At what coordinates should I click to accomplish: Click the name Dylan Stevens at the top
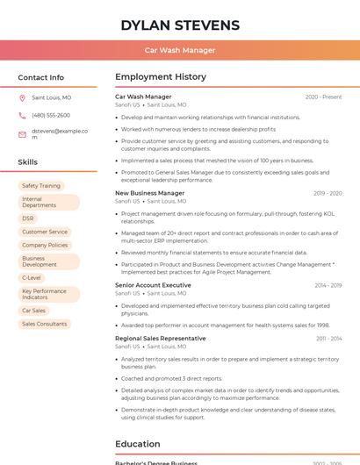coord(180,25)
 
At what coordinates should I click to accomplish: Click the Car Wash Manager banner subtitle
coord(180,50)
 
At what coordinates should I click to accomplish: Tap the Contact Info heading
coord(40,77)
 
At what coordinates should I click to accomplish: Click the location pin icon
coord(22,97)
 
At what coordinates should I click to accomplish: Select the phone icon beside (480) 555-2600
coord(22,115)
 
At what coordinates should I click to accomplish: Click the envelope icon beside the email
coord(22,134)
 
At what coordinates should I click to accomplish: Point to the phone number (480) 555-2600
coord(51,115)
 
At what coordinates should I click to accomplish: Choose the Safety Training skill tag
coord(41,186)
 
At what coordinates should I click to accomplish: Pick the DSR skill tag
coord(28,218)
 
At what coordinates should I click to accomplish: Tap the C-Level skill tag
coord(32,277)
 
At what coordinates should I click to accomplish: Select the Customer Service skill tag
coord(45,232)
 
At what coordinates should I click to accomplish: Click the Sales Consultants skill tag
coord(45,324)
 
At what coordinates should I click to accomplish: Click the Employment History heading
coord(161,77)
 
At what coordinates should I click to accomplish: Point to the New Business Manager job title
coord(149,193)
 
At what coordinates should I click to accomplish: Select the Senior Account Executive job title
coord(153,285)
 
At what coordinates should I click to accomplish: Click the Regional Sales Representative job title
coord(161,338)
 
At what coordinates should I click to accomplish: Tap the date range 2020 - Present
coord(323,97)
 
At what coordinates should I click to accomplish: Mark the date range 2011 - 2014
coord(328,338)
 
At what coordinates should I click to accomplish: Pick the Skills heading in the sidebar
coord(27,162)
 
